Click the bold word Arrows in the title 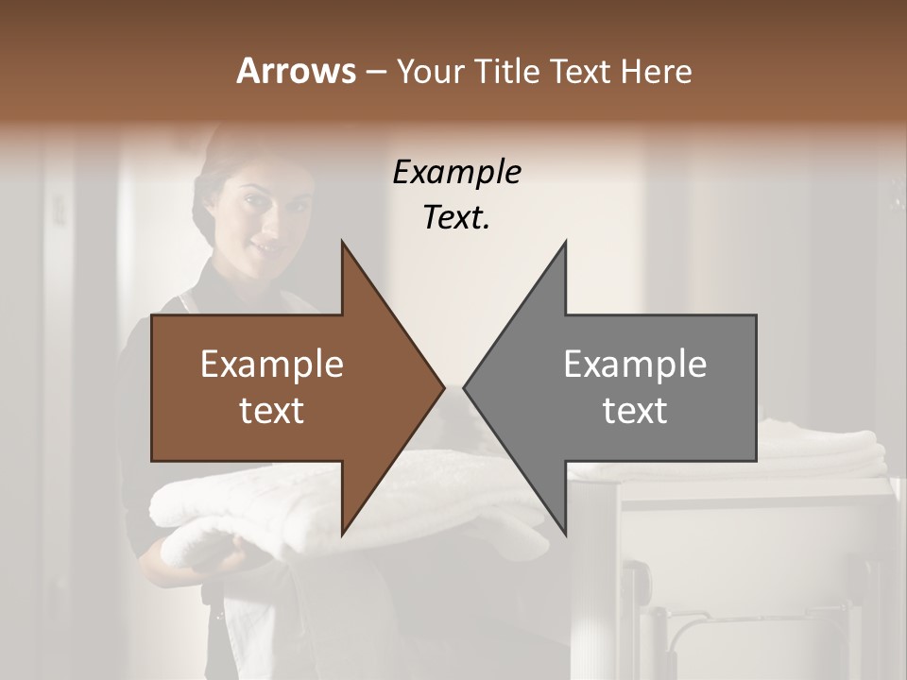(296, 71)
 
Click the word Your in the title (432, 72)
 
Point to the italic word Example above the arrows (456, 173)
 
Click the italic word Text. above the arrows (456, 217)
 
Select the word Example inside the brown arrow (272, 364)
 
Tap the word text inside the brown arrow (272, 410)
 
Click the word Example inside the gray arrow (635, 364)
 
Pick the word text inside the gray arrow (635, 410)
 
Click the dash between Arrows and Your (375, 72)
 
